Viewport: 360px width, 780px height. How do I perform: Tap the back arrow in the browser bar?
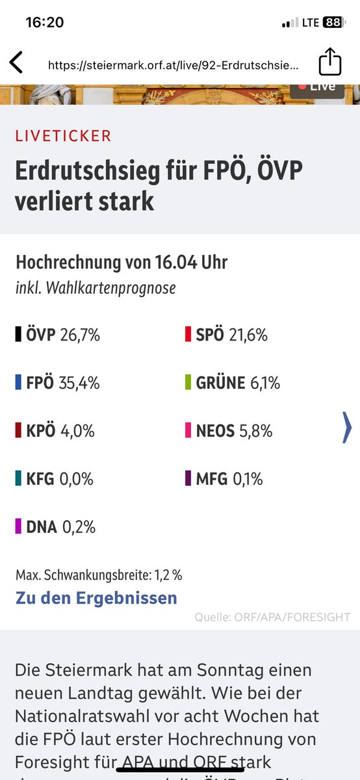(x=16, y=63)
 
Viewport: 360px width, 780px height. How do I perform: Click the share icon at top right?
(x=330, y=62)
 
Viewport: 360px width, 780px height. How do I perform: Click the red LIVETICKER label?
(x=63, y=136)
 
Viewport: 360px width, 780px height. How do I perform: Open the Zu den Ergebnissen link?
(x=96, y=597)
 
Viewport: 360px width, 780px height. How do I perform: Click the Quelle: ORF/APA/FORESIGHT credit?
(x=272, y=617)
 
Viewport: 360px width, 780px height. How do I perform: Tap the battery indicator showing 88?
(x=333, y=23)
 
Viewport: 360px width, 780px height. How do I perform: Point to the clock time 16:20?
(x=44, y=23)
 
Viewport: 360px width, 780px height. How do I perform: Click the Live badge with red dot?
(x=317, y=86)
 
